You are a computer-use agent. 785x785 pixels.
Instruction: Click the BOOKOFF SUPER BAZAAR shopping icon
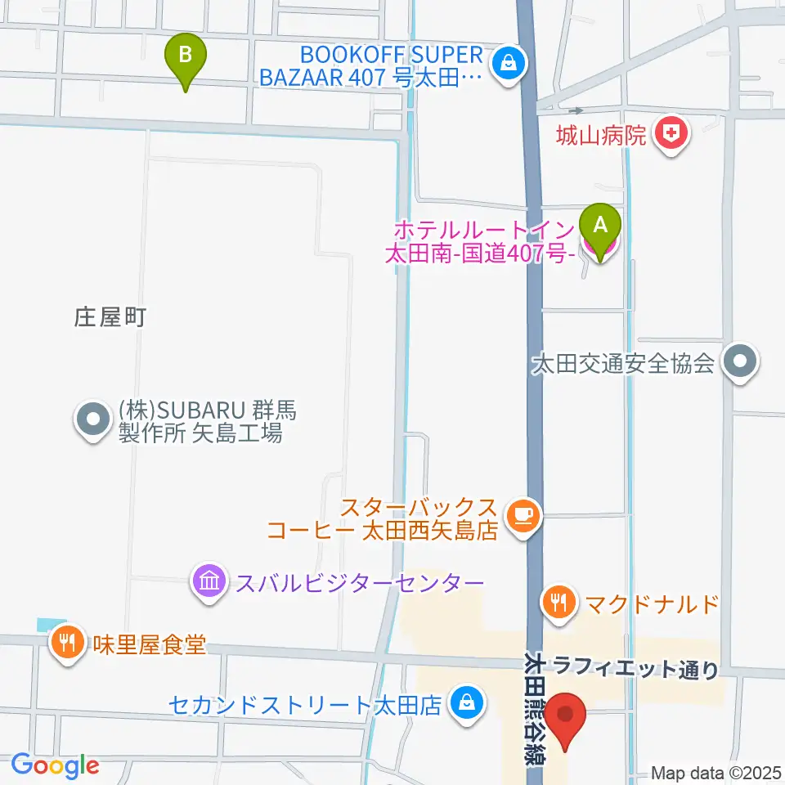508,62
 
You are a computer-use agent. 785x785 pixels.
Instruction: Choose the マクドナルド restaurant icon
559,604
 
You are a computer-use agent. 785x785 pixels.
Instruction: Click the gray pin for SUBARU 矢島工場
92,419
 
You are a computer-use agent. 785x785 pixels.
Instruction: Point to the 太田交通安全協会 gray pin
740,361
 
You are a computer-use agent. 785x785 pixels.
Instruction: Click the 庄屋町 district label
110,318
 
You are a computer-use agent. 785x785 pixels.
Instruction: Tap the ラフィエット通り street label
636,670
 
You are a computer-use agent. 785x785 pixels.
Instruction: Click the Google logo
55,765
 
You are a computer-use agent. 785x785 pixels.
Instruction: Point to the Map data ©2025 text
716,772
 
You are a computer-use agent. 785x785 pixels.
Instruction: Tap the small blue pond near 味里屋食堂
49,625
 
